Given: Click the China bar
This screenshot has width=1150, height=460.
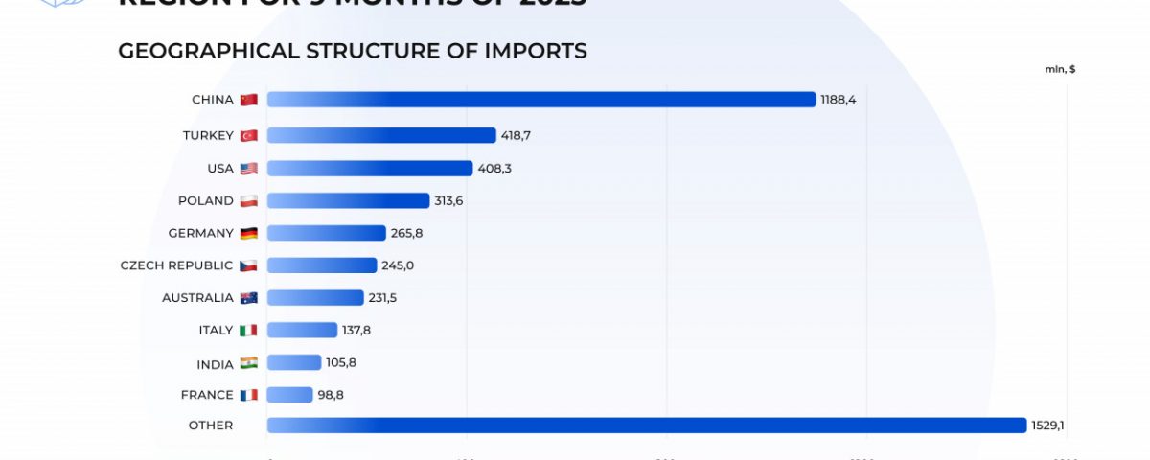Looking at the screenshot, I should [x=541, y=100].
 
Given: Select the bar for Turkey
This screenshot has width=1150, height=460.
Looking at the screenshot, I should [x=381, y=135].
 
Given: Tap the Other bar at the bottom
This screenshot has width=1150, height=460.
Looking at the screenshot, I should [x=647, y=425].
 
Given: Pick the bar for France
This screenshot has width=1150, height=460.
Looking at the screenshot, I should [x=290, y=395].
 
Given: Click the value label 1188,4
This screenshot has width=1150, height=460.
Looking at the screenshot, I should [x=839, y=100].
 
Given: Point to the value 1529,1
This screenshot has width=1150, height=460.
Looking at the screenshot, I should [x=1049, y=425].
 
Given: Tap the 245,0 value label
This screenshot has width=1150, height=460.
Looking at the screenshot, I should [x=398, y=265].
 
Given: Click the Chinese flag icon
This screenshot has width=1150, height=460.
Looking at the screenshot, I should [x=249, y=100].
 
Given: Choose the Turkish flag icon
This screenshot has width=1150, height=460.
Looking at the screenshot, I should [x=249, y=135].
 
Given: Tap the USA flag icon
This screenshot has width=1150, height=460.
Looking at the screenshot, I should [x=249, y=169].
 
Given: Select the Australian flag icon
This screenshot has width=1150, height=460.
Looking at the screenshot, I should [x=249, y=298].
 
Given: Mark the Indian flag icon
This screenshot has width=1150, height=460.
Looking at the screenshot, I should [x=249, y=362].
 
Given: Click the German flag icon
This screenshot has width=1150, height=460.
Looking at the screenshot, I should [x=249, y=233].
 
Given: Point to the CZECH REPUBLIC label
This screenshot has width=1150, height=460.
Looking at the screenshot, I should [x=176, y=265].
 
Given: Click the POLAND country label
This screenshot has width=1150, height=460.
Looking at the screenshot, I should [x=205, y=200].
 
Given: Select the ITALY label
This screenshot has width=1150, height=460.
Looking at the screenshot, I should [x=216, y=330].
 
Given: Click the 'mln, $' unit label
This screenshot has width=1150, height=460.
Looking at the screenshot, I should [x=1060, y=69].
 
